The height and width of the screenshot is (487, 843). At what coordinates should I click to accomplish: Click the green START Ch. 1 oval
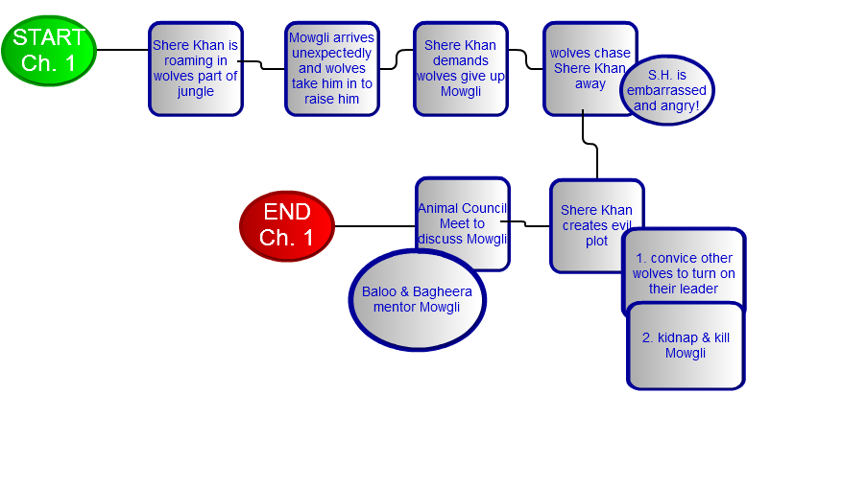[x=49, y=51]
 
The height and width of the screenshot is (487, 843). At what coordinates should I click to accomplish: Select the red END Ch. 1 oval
[x=287, y=226]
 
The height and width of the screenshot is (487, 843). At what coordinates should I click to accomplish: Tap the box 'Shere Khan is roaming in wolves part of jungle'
[x=195, y=69]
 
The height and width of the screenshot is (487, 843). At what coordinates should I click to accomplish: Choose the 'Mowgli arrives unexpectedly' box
[x=332, y=69]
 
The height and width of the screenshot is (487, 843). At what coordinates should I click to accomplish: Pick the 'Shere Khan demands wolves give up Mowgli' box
[x=460, y=69]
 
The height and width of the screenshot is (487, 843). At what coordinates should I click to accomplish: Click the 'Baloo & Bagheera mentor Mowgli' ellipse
[x=417, y=300]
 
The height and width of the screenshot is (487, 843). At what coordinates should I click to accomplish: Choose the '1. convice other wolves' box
[x=683, y=272]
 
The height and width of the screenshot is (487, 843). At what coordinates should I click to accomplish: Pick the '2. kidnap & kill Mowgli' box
[x=685, y=346]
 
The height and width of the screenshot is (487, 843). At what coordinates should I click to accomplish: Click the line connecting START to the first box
[x=122, y=50]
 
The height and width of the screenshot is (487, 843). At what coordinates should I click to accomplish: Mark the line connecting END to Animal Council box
[x=374, y=226]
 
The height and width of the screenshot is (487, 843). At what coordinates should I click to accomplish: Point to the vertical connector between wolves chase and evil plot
[x=597, y=161]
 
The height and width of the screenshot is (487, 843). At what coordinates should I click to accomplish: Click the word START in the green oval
[x=49, y=38]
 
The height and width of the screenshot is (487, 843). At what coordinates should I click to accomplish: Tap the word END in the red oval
[x=287, y=212]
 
